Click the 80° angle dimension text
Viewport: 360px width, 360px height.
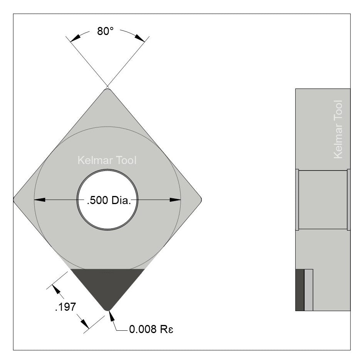pyautogui.click(x=105, y=32)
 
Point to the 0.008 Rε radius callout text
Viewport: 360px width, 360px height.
pyautogui.click(x=148, y=330)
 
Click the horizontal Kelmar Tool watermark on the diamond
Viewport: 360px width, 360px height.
pyautogui.click(x=107, y=160)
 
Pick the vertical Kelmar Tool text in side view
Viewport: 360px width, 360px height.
pyautogui.click(x=338, y=129)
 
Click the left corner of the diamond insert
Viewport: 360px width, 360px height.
pyautogui.click(x=15, y=199)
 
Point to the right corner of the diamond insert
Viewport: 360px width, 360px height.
pyautogui.click(x=200, y=199)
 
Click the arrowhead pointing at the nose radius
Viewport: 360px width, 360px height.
pyautogui.click(x=111, y=316)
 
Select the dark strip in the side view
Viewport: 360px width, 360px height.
pyautogui.click(x=300, y=290)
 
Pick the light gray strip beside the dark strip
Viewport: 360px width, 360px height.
pyautogui.click(x=308, y=290)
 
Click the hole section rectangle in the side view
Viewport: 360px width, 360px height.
pyautogui.click(x=323, y=200)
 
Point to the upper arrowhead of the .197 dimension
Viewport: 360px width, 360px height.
pyautogui.click(x=58, y=290)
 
